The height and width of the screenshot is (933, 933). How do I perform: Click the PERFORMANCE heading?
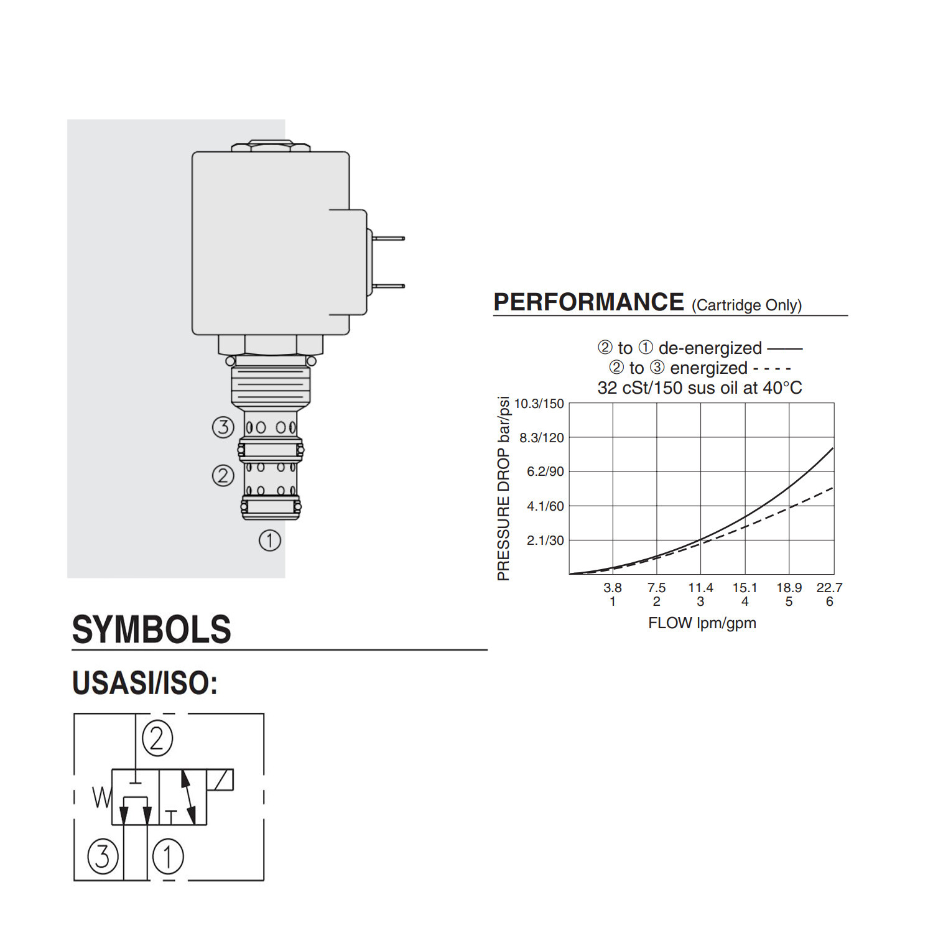pos(588,302)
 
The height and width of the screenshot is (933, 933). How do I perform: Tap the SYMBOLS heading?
pos(152,629)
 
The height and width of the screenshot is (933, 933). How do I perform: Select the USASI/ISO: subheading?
pos(145,683)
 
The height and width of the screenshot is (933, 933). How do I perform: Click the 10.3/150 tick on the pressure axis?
pos(539,404)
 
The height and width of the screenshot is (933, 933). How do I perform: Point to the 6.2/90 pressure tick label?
pos(545,471)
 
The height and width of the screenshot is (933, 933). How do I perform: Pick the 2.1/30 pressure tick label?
pos(545,541)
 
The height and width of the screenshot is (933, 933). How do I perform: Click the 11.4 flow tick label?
pos(700,588)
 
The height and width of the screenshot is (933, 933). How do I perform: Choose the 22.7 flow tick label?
pos(829,588)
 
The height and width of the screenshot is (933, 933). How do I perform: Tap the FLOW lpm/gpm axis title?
pos(702,623)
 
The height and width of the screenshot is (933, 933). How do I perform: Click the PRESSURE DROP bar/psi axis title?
pos(504,488)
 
